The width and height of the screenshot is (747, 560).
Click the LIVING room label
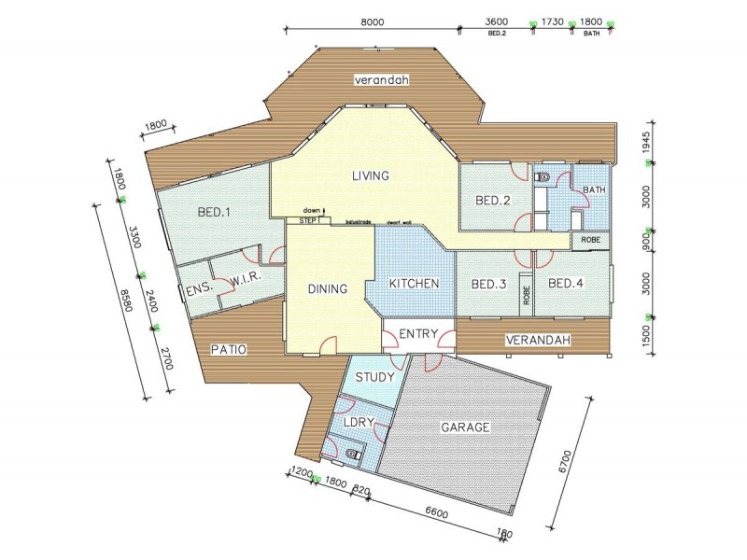(370, 175)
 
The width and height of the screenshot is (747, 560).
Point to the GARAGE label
(465, 427)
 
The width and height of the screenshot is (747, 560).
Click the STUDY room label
(376, 378)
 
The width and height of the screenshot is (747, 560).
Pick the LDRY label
(359, 423)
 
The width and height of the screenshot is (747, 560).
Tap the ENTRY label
(418, 334)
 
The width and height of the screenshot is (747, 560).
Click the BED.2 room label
(491, 201)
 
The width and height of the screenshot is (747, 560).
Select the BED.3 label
(487, 284)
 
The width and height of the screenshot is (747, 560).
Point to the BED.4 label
(565, 284)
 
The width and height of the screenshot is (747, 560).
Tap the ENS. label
(199, 290)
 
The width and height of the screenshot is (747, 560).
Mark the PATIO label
(228, 350)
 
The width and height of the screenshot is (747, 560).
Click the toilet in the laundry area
(351, 454)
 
